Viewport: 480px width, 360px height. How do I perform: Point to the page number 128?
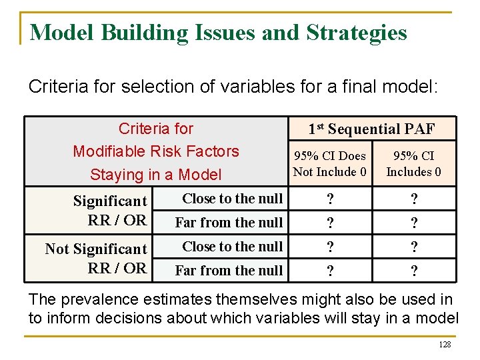click(445, 345)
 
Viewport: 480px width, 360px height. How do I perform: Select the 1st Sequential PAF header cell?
click(371, 129)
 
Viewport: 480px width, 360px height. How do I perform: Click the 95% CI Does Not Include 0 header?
click(330, 164)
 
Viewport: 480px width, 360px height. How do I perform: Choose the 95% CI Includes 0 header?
click(413, 164)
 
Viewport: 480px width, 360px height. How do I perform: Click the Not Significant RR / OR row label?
click(96, 258)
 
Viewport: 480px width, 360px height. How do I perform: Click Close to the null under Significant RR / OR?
click(232, 199)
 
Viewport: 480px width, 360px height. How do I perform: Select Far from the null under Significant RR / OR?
click(229, 223)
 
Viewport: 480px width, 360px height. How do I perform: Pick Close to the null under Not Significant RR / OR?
click(232, 247)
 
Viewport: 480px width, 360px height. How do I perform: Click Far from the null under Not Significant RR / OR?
click(229, 271)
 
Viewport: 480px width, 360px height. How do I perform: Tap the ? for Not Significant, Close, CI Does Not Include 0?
click(329, 248)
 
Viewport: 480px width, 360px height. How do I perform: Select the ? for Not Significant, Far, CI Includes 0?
click(414, 272)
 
